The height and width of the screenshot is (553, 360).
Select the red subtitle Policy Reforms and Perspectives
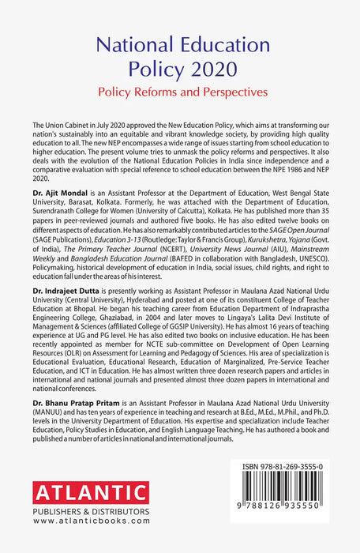click(x=179, y=92)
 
